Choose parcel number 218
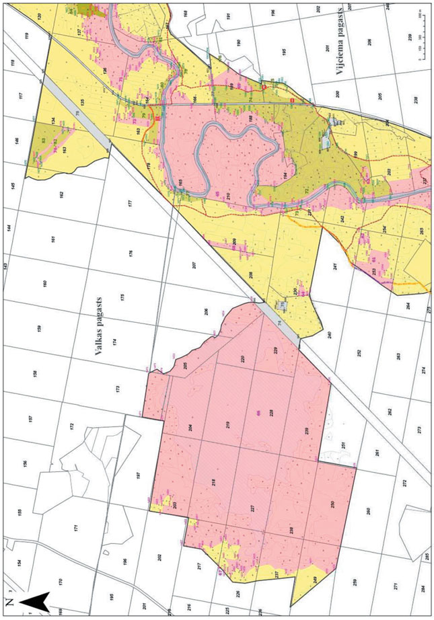coord(213,483)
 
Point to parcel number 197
coord(137,475)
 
